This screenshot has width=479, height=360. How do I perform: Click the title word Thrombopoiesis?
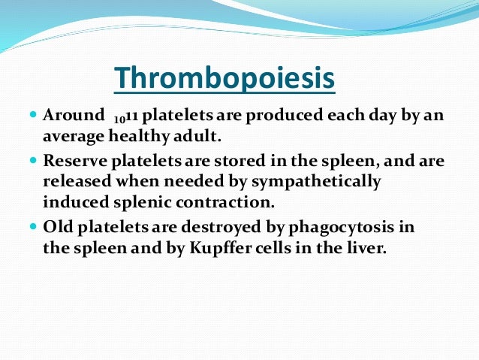[x=224, y=78]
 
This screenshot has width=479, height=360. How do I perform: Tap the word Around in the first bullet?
[x=74, y=115]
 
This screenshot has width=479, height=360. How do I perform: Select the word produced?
[x=285, y=116]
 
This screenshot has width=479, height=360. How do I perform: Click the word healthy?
[x=139, y=136]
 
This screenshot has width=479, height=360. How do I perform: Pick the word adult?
[x=197, y=136]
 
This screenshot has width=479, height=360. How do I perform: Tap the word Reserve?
[x=75, y=161]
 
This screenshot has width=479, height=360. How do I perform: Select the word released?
[x=77, y=181]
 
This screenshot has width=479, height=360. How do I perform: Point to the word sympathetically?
[x=316, y=182]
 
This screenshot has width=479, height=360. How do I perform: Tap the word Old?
[x=58, y=227]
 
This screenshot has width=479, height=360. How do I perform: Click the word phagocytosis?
[x=341, y=228]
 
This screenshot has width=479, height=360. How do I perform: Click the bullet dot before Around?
[x=33, y=115]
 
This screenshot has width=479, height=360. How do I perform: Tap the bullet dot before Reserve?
[x=33, y=160]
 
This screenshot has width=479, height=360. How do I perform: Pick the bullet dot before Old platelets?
[x=33, y=227]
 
